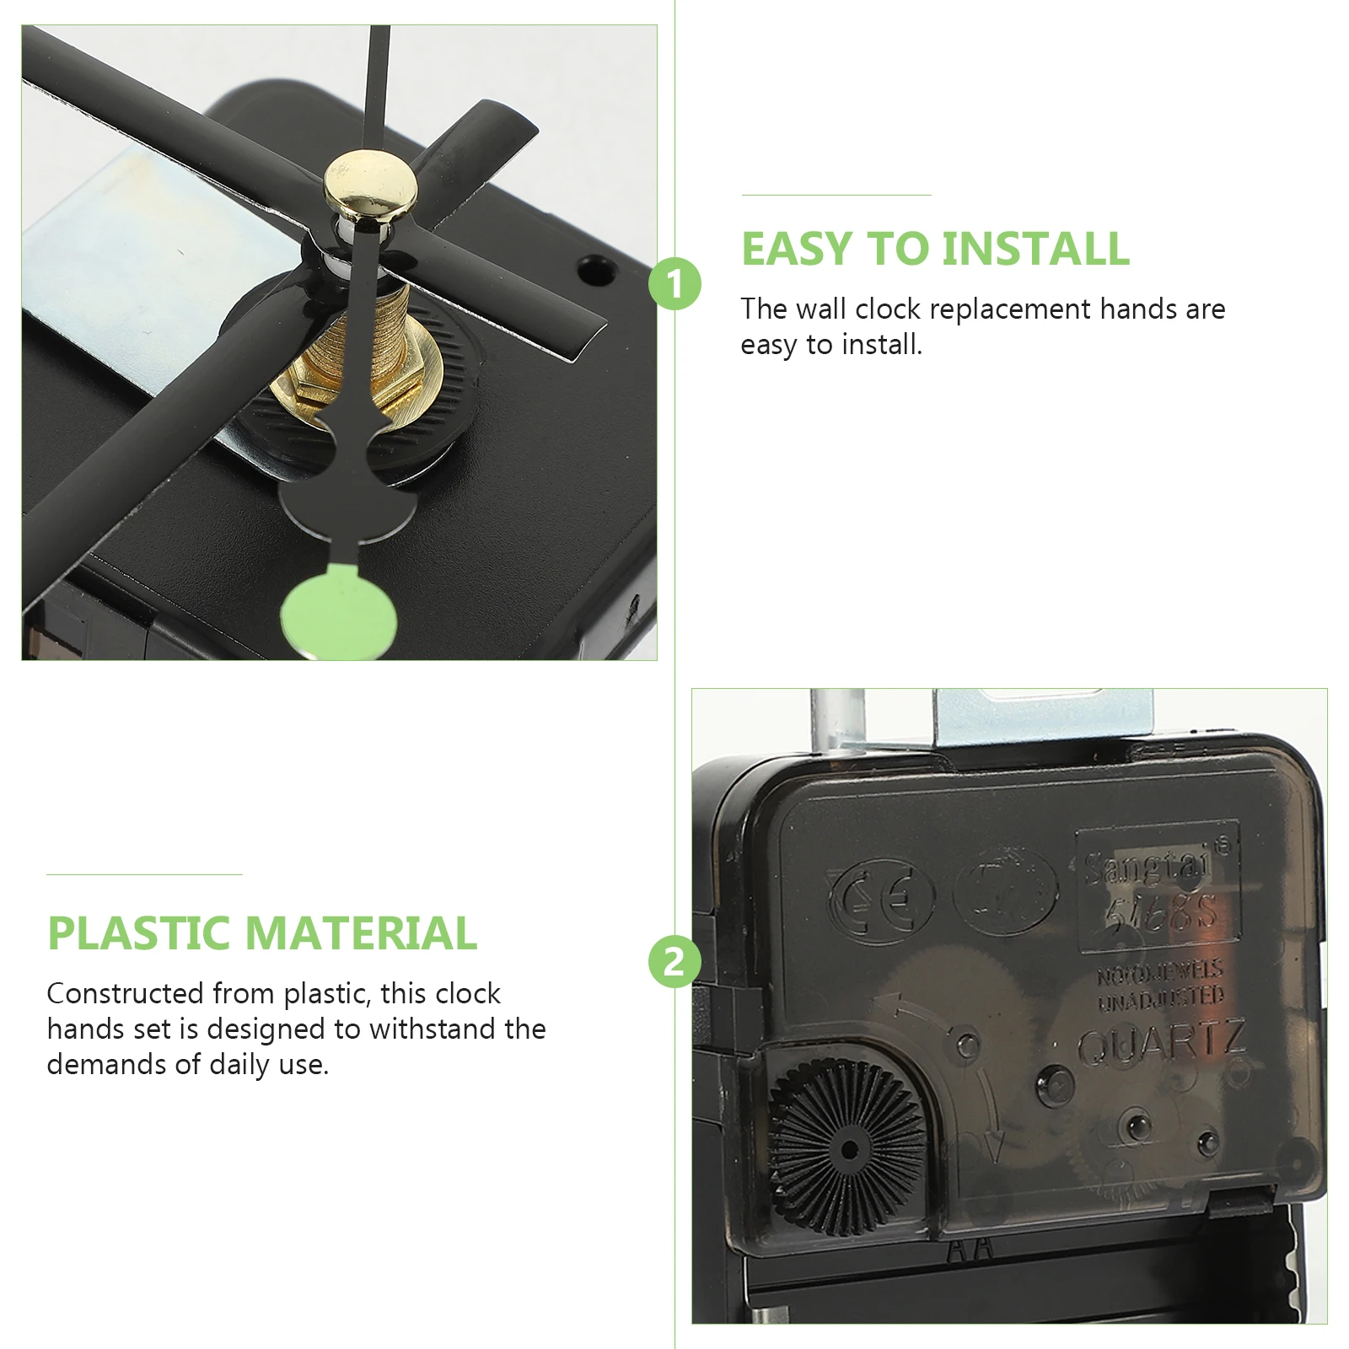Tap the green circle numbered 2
point(674,961)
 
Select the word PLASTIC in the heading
point(139,933)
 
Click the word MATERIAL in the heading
point(362,933)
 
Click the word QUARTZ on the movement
point(1162,1043)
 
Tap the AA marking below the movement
point(970,1250)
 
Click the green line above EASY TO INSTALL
point(836,195)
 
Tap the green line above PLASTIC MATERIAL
point(144,874)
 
